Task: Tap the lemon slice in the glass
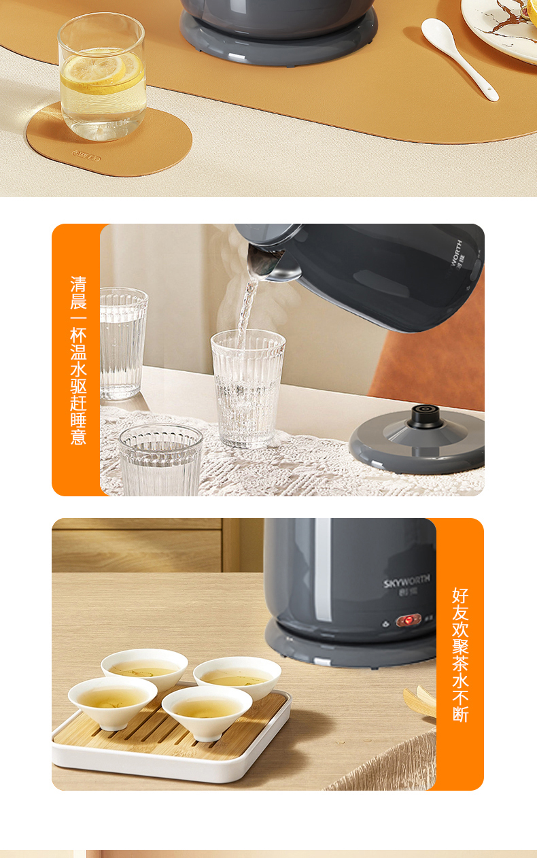click(101, 71)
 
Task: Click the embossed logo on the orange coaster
click(86, 156)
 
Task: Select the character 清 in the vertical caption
click(78, 284)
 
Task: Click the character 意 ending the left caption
click(78, 436)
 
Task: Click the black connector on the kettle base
click(425, 416)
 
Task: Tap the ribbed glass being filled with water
click(247, 388)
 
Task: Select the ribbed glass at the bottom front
click(160, 460)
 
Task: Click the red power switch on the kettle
click(409, 620)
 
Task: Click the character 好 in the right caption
click(460, 596)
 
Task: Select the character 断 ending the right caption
click(460, 714)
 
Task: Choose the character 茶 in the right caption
click(460, 663)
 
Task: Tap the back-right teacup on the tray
click(237, 679)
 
